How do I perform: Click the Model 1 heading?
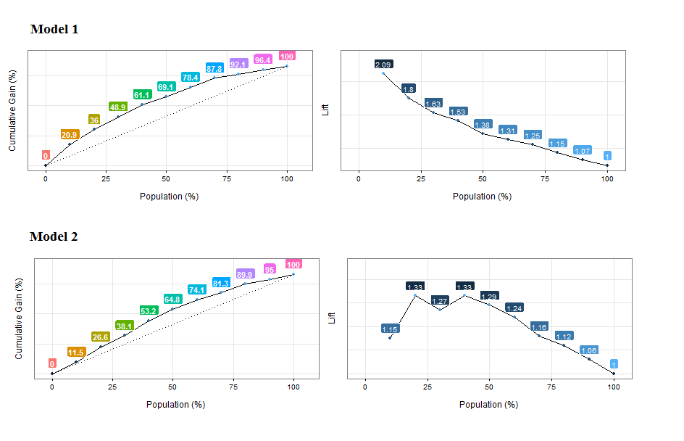click(54, 30)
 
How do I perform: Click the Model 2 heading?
click(54, 237)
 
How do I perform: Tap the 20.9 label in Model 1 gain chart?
click(70, 135)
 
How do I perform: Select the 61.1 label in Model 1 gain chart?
click(142, 95)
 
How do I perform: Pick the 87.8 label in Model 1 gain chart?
click(214, 68)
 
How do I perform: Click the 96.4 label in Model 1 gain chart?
click(263, 59)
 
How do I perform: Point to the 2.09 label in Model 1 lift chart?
click(383, 65)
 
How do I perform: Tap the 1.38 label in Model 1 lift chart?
click(483, 125)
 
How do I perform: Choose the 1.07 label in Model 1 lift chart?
click(583, 151)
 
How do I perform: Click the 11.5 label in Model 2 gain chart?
click(76, 353)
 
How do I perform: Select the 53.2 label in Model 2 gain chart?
click(149, 311)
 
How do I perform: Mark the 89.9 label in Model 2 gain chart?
click(246, 274)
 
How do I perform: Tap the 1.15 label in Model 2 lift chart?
click(390, 329)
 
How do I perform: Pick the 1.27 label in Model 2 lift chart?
click(440, 301)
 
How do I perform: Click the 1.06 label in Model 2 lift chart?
click(589, 350)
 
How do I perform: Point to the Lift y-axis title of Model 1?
click(325, 110)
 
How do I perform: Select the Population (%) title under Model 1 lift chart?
click(482, 196)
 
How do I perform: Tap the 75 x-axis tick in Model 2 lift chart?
click(552, 387)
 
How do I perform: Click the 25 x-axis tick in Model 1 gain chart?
click(106, 178)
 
